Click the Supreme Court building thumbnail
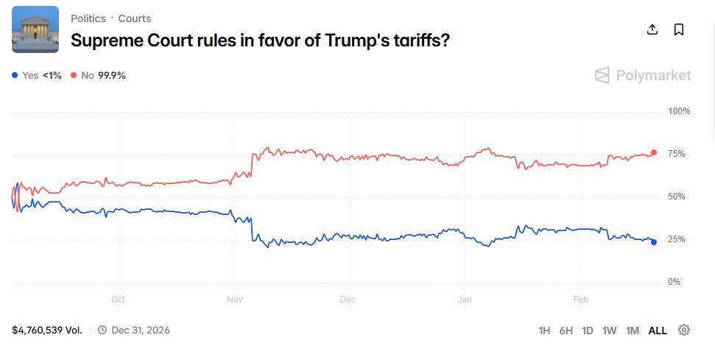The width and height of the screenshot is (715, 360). tap(35, 29)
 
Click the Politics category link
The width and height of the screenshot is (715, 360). tap(88, 18)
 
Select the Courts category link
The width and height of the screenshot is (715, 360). tap(135, 18)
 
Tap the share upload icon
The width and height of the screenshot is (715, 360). tap(652, 29)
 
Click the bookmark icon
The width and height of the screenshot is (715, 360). tap(679, 29)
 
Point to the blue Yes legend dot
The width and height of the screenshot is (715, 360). tap(15, 75)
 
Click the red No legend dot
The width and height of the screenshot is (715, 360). tap(74, 75)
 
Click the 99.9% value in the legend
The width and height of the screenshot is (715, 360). tap(112, 75)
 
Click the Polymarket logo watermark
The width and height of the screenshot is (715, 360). tap(643, 75)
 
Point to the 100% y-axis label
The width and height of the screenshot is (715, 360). tap(678, 111)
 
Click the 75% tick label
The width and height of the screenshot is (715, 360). tap(676, 154)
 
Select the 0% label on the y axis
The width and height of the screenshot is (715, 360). tap(674, 282)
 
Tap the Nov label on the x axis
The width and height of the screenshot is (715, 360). tap(235, 300)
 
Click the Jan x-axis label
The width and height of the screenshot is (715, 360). tap(464, 300)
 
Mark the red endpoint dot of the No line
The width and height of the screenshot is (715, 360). tap(654, 152)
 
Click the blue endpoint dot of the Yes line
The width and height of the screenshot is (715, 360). tap(654, 242)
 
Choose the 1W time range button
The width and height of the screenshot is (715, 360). tap(609, 331)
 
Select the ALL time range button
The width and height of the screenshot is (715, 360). tap(658, 331)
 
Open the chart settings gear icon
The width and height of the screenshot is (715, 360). tap(684, 330)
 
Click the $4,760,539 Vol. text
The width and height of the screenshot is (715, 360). tap(47, 330)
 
